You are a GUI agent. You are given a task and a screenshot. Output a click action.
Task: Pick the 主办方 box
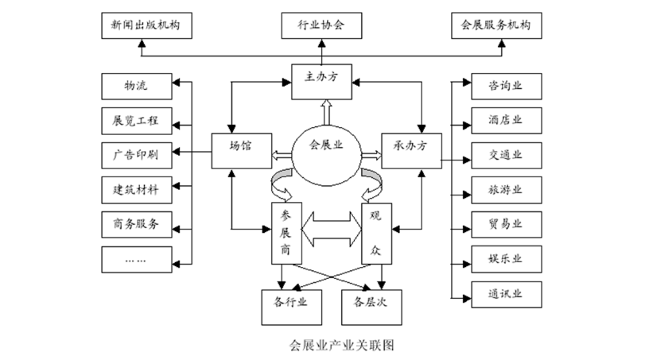pyautogui.click(x=323, y=79)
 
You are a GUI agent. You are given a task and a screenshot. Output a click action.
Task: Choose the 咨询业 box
pyautogui.click(x=505, y=84)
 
